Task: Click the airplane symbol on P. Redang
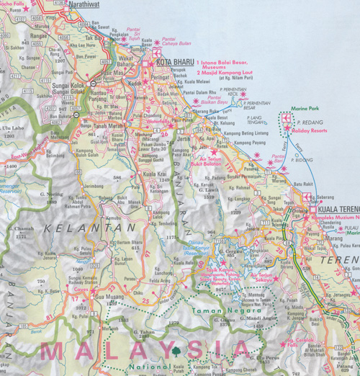point(287,117)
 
